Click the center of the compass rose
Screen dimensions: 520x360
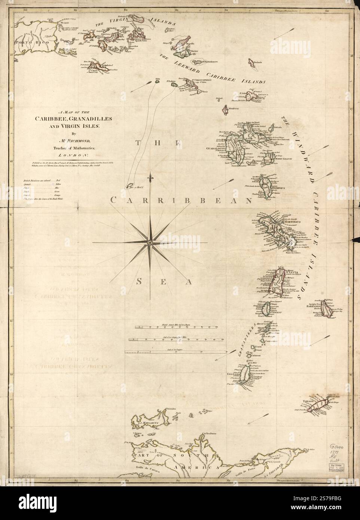pos(150,243)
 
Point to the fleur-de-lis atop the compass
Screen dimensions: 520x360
pos(150,176)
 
